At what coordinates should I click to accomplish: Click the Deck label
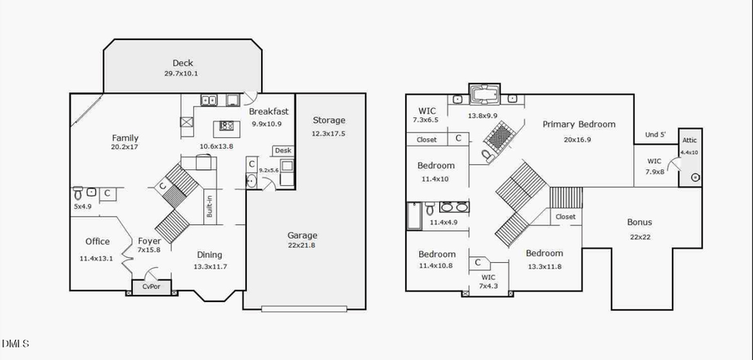coord(182,63)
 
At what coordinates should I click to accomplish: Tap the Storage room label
coord(328,121)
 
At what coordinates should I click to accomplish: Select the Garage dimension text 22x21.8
coord(303,246)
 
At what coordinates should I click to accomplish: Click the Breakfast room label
coord(269,111)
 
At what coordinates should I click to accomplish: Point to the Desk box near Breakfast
coord(282,151)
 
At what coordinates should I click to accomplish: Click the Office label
coord(97,242)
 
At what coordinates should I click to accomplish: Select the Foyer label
coord(149,242)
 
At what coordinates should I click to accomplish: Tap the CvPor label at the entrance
coord(151,287)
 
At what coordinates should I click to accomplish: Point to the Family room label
coord(125,138)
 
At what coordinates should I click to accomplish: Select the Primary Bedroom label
coord(578,125)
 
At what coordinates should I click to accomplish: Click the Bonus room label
coord(639,223)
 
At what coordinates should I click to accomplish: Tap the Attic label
coord(689,141)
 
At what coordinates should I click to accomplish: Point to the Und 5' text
coord(655,135)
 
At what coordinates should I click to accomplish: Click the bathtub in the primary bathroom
coord(483,95)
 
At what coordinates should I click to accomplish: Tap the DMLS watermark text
coord(15,343)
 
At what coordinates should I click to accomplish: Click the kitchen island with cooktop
coord(225,128)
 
